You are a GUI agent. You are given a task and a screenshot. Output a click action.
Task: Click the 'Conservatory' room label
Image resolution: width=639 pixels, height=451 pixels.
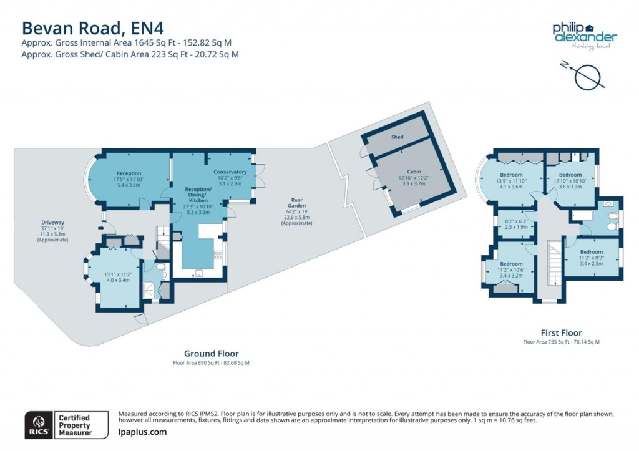coord(230,172)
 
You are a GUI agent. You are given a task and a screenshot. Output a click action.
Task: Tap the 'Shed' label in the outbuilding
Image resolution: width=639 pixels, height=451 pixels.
coord(398,137)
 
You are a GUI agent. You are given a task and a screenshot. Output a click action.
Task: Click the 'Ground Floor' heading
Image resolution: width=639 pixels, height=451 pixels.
coord(211,354)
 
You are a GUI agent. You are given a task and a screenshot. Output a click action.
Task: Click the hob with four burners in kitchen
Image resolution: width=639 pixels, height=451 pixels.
coord(218,255)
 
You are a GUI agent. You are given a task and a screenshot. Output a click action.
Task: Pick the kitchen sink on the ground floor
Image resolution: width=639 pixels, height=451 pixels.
coord(198,272)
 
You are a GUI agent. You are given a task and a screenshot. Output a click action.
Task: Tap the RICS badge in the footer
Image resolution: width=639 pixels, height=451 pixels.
coord(37,424)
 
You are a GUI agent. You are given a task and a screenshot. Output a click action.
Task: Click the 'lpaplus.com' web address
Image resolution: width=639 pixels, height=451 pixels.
coord(142,432)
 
